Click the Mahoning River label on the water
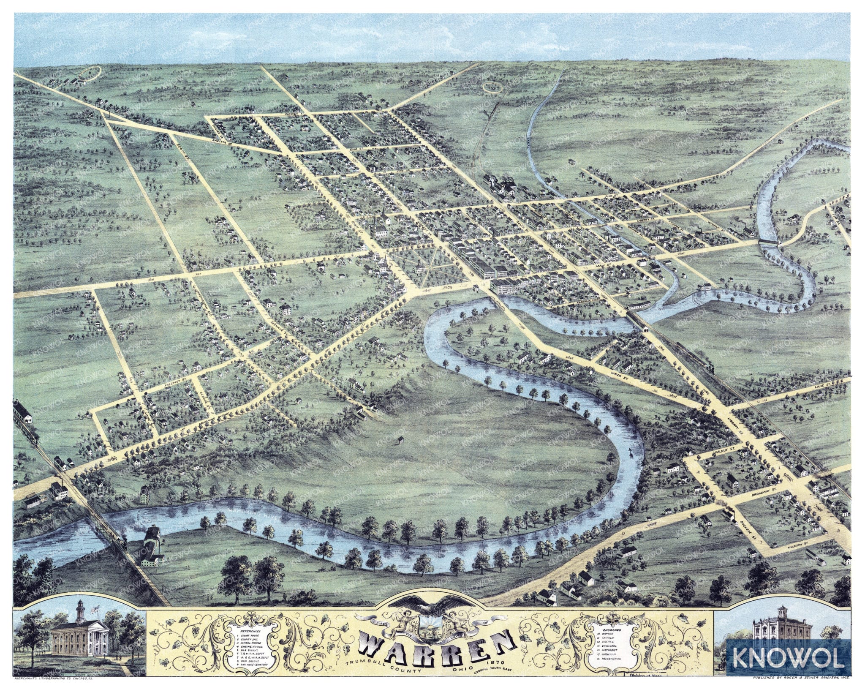[249, 515]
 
